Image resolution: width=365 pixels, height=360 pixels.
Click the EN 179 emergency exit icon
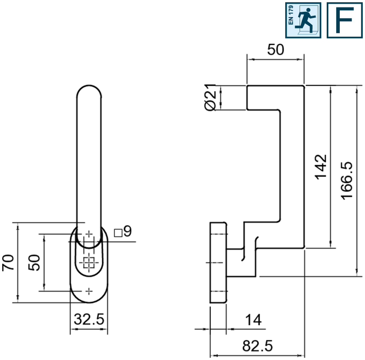303,20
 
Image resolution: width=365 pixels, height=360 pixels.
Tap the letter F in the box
345,20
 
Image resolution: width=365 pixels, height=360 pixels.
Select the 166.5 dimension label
347,180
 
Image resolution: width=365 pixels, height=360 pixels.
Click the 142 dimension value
321,167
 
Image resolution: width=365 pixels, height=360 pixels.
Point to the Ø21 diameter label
210,97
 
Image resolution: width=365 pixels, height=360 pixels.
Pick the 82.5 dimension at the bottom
257,346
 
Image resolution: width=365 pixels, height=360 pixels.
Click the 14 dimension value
254,320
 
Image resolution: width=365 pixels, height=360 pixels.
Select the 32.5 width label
89,319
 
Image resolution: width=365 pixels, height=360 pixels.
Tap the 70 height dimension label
8,263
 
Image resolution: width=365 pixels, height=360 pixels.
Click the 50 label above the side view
276,49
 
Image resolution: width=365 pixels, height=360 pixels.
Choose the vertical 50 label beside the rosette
34,263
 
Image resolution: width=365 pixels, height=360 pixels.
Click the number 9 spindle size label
128,231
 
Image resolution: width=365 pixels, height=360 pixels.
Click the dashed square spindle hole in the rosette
89,263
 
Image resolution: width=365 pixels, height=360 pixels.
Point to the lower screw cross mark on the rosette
89,291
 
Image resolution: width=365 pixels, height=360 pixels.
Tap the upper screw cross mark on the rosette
89,234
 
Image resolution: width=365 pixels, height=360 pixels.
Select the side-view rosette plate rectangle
218,263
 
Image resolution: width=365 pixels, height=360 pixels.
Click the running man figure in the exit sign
305,20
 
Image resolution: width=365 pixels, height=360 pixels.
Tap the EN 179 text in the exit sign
291,15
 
